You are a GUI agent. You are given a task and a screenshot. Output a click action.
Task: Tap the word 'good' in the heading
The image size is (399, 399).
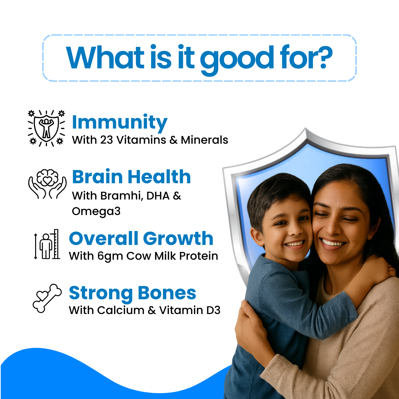click(237, 61)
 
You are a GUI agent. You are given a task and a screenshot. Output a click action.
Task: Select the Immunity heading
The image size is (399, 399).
click(120, 123)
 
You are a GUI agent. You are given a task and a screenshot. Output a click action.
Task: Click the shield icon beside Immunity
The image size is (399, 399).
click(46, 128)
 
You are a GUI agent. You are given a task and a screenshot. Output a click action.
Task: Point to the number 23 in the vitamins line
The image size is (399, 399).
click(106, 140)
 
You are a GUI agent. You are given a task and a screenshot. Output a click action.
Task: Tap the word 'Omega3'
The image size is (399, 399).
click(96, 212)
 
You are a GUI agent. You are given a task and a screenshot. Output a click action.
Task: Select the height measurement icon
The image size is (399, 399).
click(47, 244)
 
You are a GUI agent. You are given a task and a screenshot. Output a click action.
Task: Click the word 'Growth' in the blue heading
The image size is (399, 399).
click(178, 239)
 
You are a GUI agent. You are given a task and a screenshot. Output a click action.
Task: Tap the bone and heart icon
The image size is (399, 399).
click(47, 298)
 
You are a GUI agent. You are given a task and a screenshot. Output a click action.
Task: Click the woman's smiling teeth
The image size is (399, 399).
click(332, 243)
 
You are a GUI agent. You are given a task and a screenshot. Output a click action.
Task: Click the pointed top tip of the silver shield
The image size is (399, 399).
click(305, 129)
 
